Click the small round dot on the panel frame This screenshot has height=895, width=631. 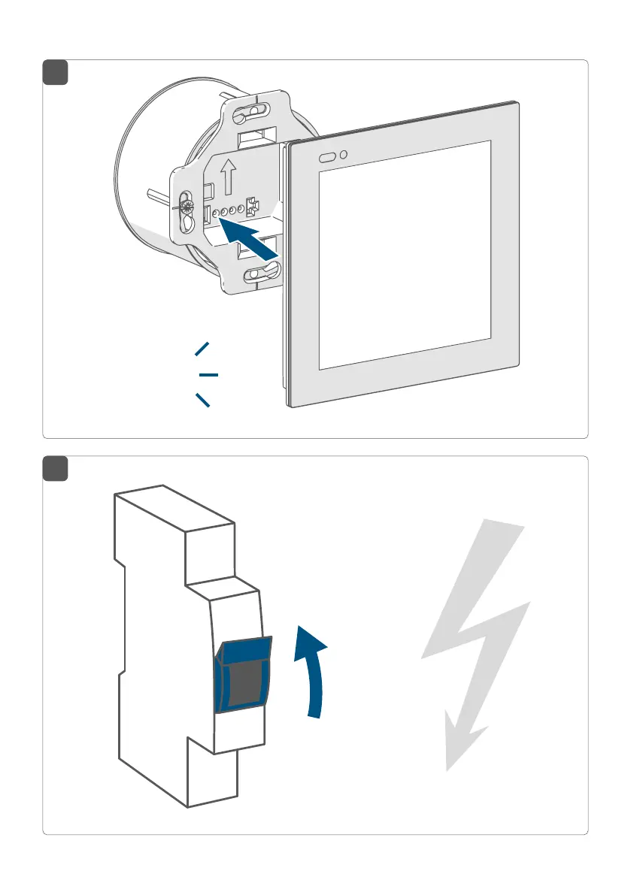click(344, 155)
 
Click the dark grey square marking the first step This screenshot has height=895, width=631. click(55, 73)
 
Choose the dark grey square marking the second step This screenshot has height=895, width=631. click(55, 469)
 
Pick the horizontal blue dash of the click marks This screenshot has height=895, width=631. click(208, 374)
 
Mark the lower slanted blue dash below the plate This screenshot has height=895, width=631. click(202, 400)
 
